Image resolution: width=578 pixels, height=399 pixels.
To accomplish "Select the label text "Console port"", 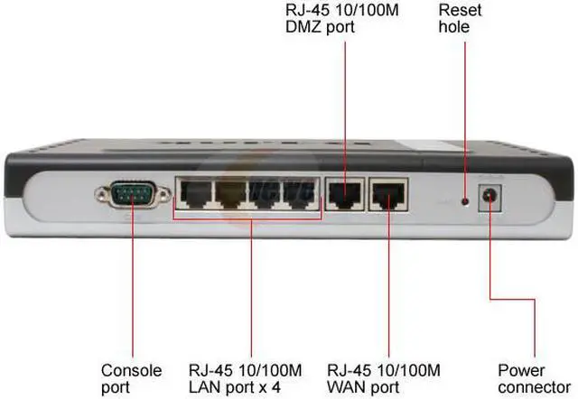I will tap(131, 378).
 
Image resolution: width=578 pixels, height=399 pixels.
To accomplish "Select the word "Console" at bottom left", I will tap(131, 370).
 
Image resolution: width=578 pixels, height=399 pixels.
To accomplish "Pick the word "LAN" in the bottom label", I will tap(203, 386).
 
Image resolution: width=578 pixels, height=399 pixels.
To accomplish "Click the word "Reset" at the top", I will tap(460, 10).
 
